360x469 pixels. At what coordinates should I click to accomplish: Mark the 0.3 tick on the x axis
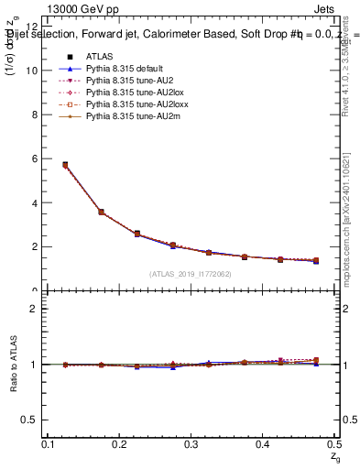tap(191, 444)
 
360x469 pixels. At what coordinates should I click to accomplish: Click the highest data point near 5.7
tap(65, 165)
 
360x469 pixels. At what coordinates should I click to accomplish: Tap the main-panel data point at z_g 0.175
tap(101, 212)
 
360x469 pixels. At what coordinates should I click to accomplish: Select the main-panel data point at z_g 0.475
tap(316, 261)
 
